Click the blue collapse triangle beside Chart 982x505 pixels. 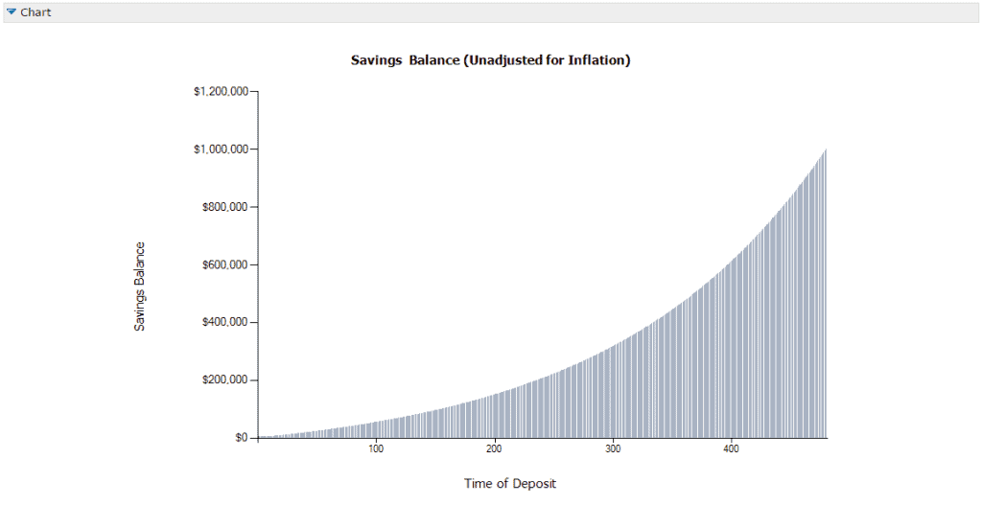pos(12,12)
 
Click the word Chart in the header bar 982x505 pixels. pos(35,12)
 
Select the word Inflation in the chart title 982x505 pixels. pos(597,60)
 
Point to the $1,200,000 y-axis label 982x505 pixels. pos(221,92)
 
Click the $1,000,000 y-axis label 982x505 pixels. pos(221,149)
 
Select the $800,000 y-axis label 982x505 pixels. pos(225,207)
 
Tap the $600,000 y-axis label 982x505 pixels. pos(225,264)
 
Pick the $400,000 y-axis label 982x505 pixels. pos(225,322)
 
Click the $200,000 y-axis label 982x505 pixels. pos(225,380)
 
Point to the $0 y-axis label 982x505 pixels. pos(242,438)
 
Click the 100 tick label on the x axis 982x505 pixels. pos(376,449)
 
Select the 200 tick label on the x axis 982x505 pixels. pos(494,449)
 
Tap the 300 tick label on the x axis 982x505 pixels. pos(613,449)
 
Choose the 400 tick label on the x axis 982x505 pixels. pos(731,449)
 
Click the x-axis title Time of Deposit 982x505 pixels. pos(510,483)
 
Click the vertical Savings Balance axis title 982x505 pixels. pos(140,287)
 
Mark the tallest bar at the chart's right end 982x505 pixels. pos(825,287)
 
